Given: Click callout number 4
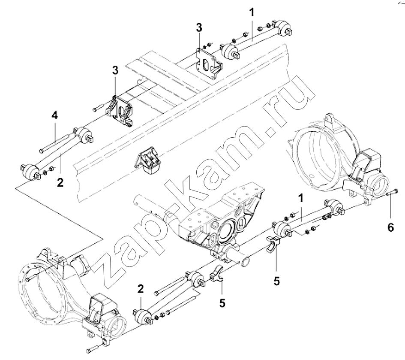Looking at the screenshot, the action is (54, 115).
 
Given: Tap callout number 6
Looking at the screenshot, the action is (390, 227).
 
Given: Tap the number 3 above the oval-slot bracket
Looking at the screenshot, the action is (199, 27).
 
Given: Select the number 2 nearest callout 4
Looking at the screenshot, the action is (60, 183).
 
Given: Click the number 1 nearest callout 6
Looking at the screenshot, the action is (300, 198).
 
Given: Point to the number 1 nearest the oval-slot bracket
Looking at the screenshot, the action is (252, 12).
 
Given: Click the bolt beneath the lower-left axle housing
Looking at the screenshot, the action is (92, 348).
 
